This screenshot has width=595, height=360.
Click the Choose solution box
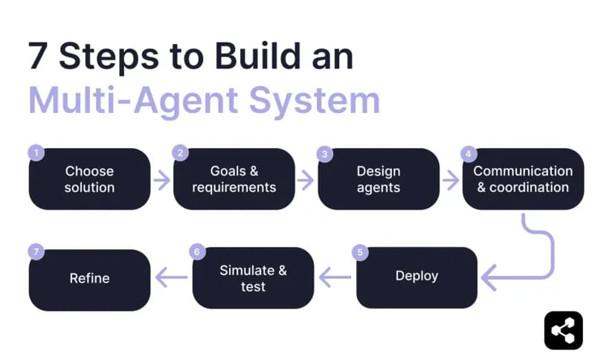(89, 179)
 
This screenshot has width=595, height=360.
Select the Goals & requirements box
(234, 179)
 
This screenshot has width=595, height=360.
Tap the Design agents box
(379, 179)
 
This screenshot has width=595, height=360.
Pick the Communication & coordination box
(523, 179)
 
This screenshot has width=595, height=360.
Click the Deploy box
(416, 277)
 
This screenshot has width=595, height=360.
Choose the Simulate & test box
(253, 278)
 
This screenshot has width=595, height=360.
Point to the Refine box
(89, 279)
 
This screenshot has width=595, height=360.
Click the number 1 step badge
(35, 153)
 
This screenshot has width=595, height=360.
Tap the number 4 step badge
(468, 153)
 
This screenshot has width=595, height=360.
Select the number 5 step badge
(361, 252)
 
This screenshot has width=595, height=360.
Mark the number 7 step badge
(35, 252)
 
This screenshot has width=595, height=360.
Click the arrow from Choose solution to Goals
(161, 179)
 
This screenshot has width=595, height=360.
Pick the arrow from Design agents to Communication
(451, 179)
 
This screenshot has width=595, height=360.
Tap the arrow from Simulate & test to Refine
(171, 278)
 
